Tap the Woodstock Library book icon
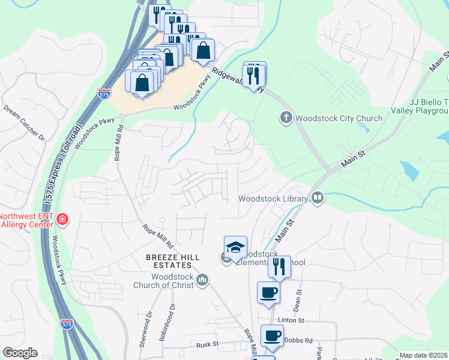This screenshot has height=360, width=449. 318,197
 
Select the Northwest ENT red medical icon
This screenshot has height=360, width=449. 62,220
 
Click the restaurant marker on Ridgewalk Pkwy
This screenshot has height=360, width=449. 255,74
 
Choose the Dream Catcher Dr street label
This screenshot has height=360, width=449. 25,123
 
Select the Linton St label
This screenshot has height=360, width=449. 292,321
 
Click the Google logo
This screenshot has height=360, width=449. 20,353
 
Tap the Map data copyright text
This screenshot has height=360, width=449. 423,355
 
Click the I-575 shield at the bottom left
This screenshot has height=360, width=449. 67,324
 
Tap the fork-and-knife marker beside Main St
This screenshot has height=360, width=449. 279,266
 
